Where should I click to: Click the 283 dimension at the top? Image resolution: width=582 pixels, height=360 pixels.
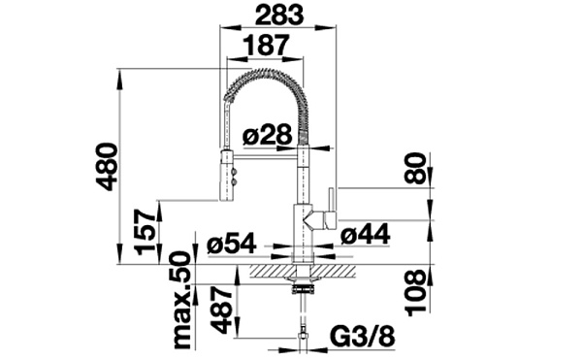[279, 15]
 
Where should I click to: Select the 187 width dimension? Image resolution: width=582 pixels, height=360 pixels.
[266, 46]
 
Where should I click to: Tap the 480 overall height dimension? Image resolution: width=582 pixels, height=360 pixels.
[107, 167]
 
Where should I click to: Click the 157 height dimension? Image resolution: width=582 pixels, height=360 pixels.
[145, 232]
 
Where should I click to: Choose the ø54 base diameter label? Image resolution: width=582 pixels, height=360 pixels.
[232, 244]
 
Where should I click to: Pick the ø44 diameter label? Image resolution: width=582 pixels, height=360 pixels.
[366, 234]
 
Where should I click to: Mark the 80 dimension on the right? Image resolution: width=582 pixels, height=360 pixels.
[415, 169]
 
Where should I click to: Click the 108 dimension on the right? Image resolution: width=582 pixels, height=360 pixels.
[415, 293]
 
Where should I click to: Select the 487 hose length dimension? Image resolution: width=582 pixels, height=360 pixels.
[221, 310]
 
